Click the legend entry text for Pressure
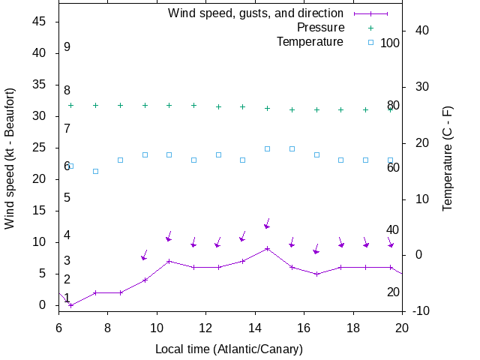point(320,27)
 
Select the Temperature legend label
point(310,41)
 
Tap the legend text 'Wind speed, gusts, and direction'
point(256,13)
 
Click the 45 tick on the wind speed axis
point(40,22)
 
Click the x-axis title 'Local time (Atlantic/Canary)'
point(229,349)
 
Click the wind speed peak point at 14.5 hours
point(267,248)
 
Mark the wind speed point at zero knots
point(70,305)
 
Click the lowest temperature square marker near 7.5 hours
point(95,171)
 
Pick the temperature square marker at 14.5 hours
point(267,148)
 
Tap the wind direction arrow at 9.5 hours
point(144,256)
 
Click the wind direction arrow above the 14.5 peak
point(267,224)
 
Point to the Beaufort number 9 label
point(67,47)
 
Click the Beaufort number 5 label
point(67,198)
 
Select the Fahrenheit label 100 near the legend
point(390,43)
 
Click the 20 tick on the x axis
point(402,327)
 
